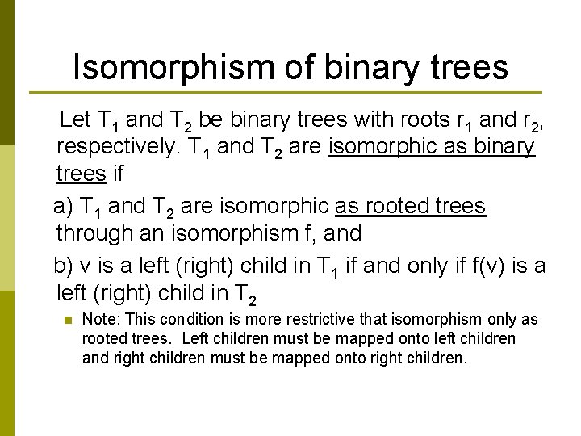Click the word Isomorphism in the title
pyautogui.click(x=173, y=68)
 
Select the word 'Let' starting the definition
pyautogui.click(x=76, y=121)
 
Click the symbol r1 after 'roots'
pyautogui.click(x=463, y=122)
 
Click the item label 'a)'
pyautogui.click(x=64, y=206)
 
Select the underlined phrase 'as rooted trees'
pyautogui.click(x=410, y=206)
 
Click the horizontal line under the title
pyautogui.click(x=284, y=92)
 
